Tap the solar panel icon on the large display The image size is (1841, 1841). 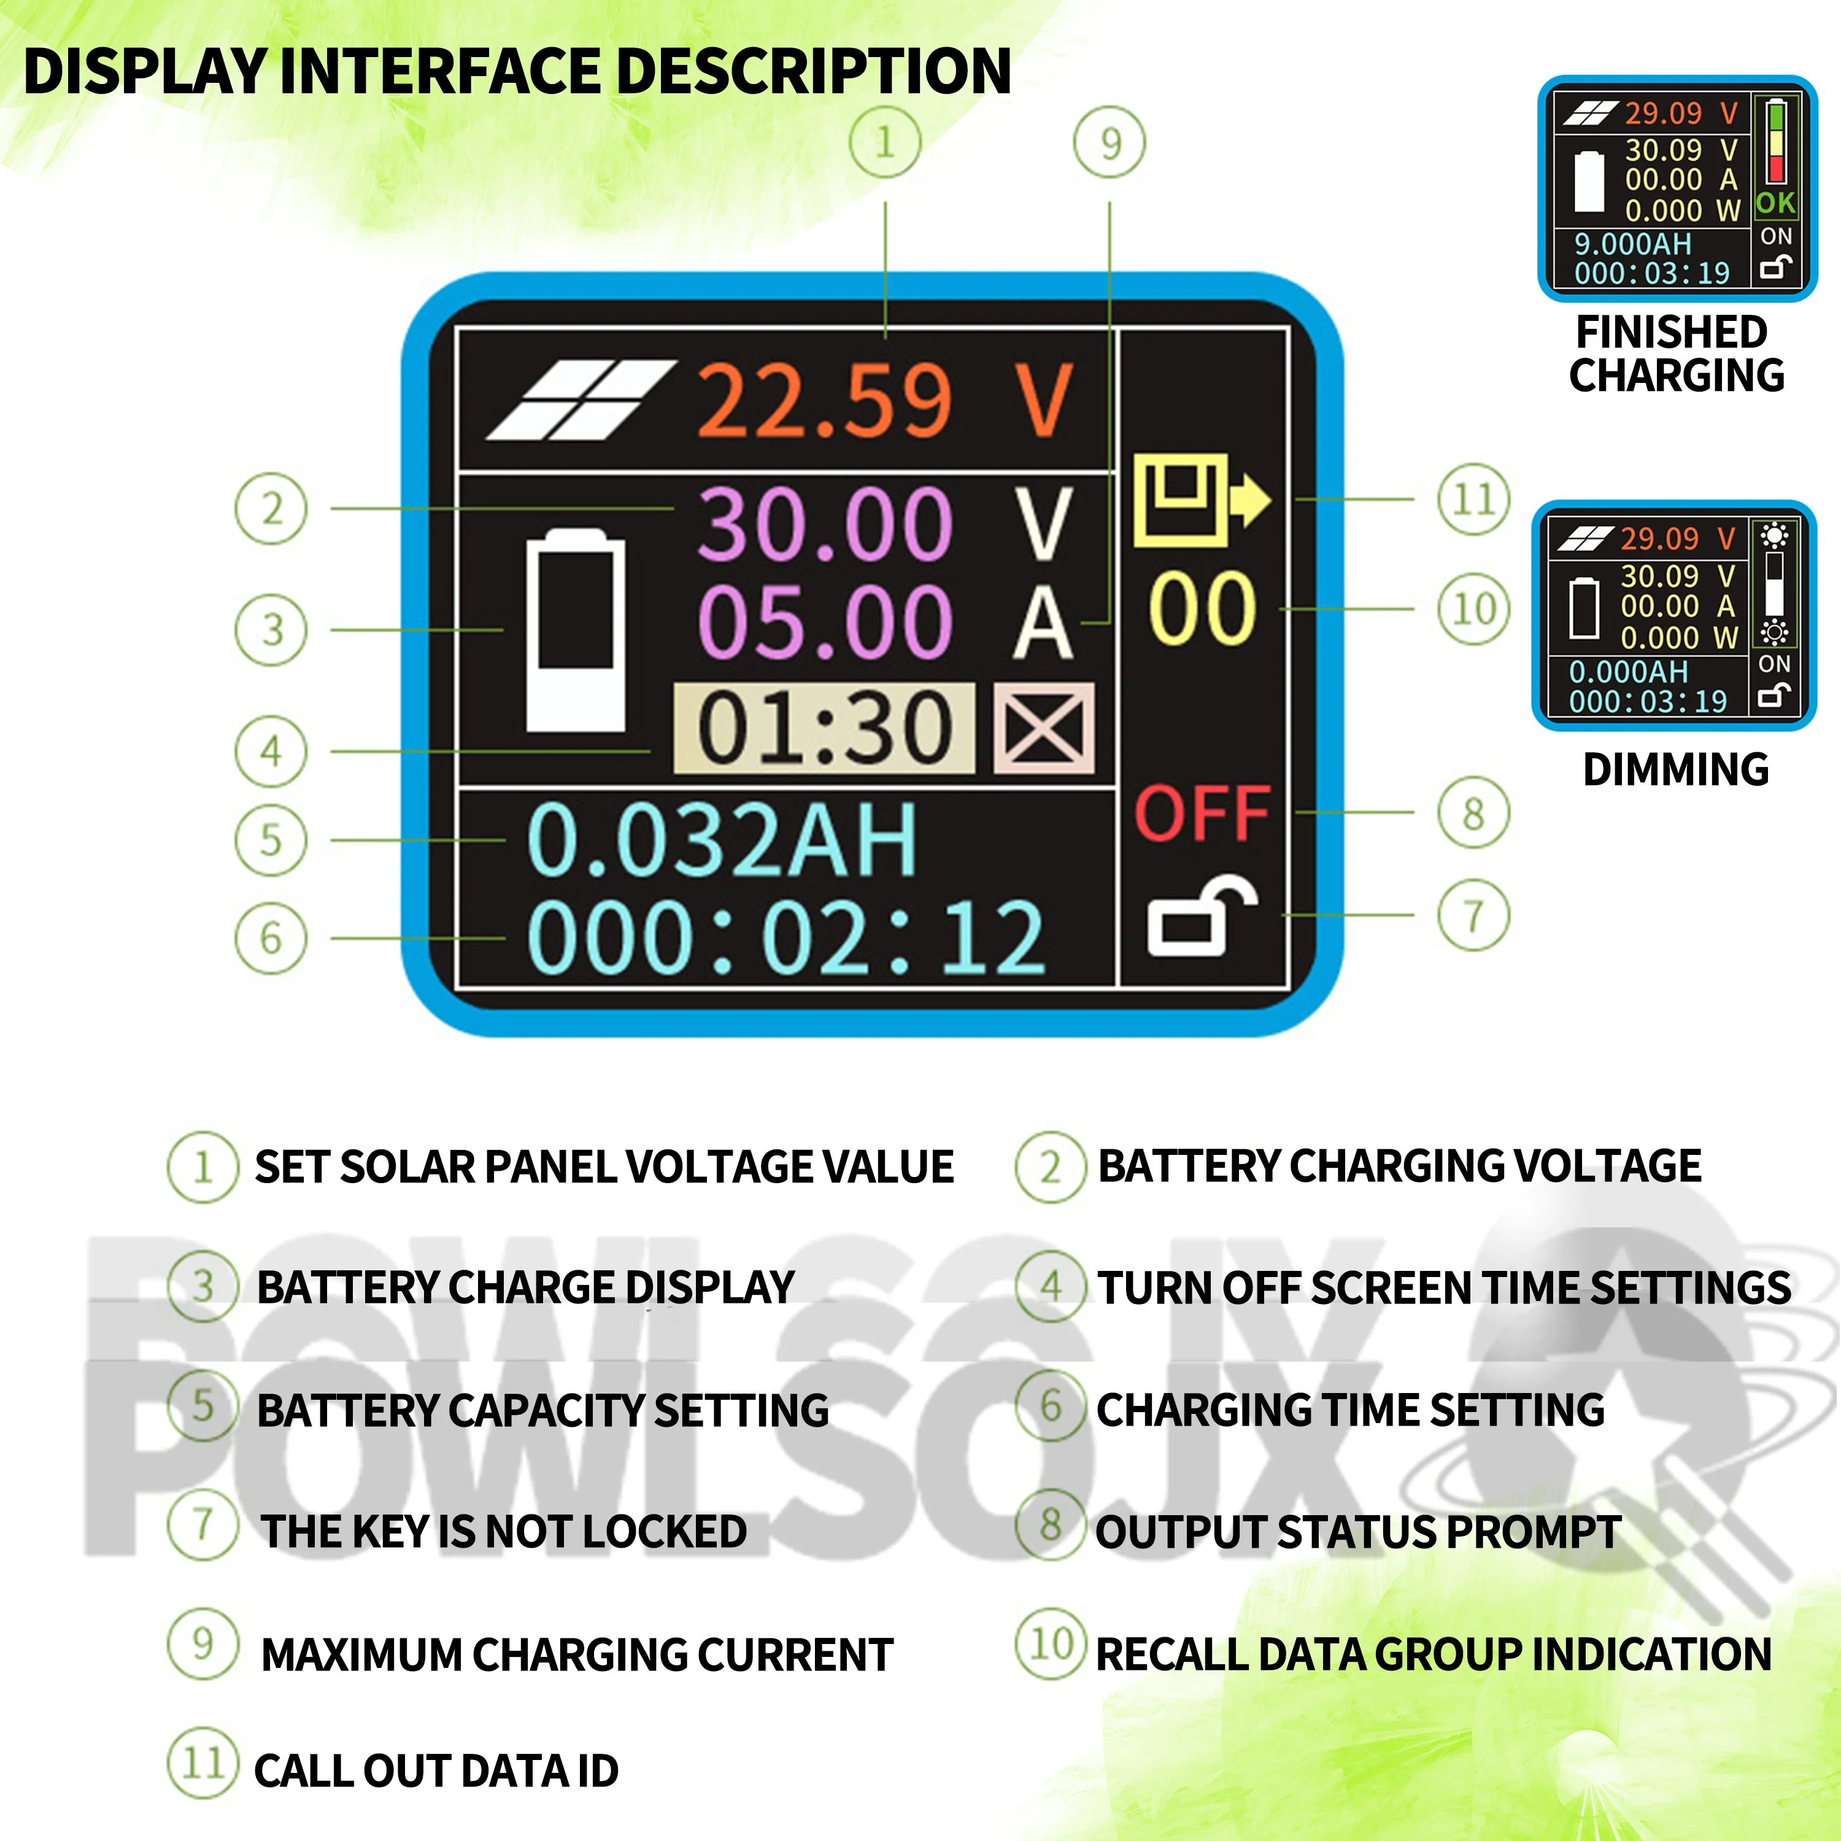tap(581, 400)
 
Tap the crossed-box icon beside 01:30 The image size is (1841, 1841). tap(1043, 728)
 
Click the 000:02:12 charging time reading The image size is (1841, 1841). tap(786, 940)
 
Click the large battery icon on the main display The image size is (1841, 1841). tap(576, 631)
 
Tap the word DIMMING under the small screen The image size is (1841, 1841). tap(1675, 769)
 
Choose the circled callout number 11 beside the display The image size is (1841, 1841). tap(1473, 500)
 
